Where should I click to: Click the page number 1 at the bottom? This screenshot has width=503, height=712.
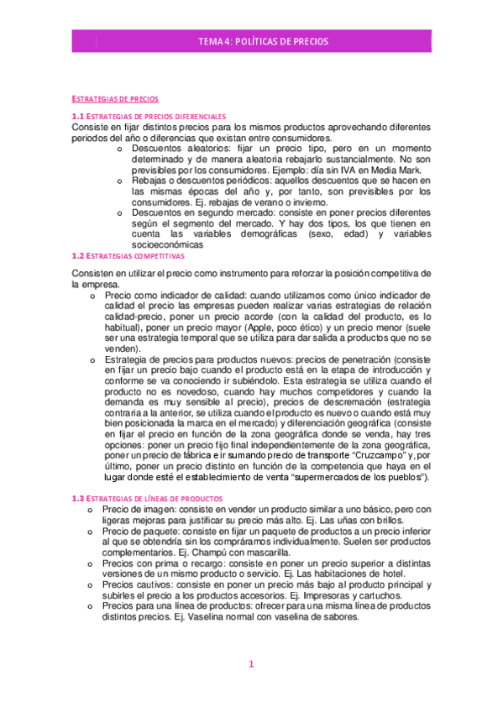pos(250,664)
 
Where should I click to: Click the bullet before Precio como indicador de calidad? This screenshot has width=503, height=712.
pos(92,296)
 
